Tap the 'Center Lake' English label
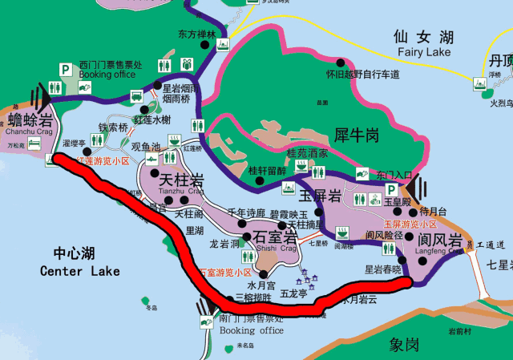pos(79,271)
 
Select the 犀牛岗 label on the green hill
pos(356,134)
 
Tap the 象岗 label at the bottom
pos(405,344)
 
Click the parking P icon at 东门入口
pos(391,190)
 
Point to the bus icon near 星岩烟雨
pos(144,111)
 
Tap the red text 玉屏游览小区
pos(410,224)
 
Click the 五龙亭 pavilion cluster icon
pos(308,281)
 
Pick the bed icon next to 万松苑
pos(34,144)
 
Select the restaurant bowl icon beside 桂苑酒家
pos(301,165)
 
